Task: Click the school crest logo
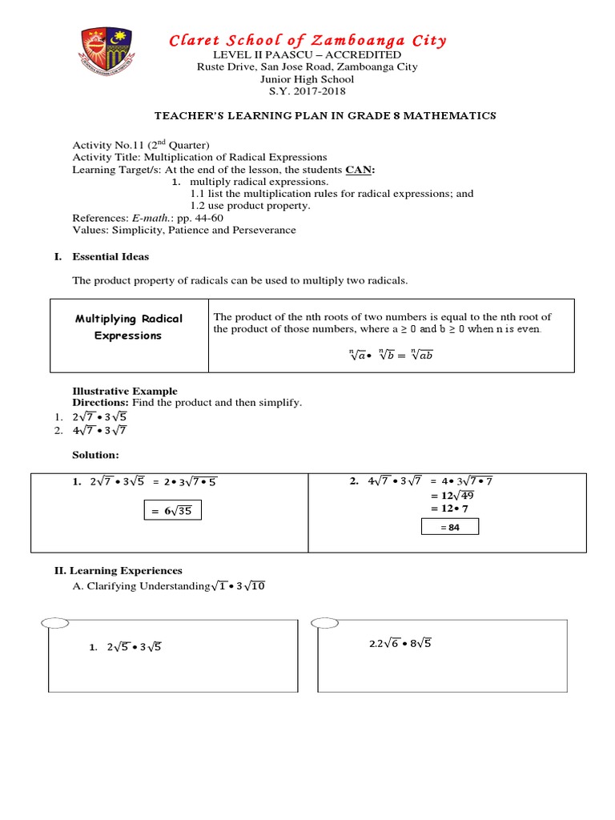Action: point(107,57)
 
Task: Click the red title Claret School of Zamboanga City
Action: point(307,40)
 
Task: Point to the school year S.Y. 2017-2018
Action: point(307,92)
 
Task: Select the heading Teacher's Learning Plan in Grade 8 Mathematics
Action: point(307,116)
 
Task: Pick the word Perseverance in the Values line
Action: point(263,230)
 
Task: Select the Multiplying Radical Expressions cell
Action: point(129,327)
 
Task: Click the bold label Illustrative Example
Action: point(125,391)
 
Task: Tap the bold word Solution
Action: point(95,455)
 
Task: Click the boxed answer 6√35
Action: point(173,511)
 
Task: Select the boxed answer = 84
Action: point(449,527)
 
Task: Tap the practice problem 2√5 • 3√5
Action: point(134,647)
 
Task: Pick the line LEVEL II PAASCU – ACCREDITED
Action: point(307,54)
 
